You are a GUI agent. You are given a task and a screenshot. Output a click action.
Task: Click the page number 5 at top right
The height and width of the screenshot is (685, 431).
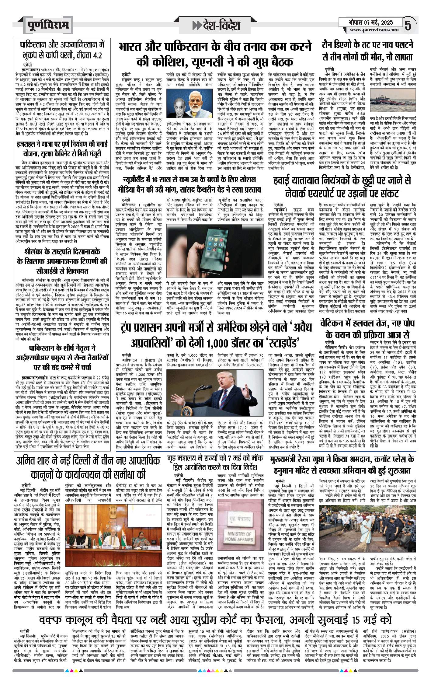click(408, 25)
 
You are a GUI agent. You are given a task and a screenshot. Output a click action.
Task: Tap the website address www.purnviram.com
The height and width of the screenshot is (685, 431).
click(374, 30)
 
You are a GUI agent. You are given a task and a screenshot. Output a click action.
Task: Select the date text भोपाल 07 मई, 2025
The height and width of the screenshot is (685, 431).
click(370, 22)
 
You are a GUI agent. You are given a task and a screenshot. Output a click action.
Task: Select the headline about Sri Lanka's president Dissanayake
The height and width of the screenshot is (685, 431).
click(62, 261)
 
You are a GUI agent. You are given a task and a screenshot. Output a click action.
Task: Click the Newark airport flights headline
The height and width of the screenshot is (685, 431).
click(342, 187)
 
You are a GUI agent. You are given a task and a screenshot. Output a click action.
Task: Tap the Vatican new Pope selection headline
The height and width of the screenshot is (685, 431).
click(367, 329)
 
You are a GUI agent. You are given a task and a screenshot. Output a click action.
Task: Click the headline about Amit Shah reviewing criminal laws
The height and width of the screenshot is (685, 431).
click(88, 468)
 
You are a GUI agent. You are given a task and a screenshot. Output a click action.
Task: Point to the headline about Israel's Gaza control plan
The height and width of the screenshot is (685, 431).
click(62, 149)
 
